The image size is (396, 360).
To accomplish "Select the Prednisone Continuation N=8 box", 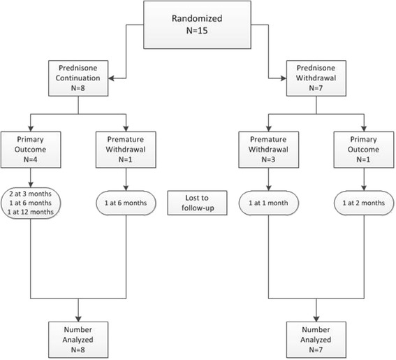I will pyautogui.click(x=77, y=80).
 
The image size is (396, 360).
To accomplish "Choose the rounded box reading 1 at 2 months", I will pyautogui.click(x=363, y=203).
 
